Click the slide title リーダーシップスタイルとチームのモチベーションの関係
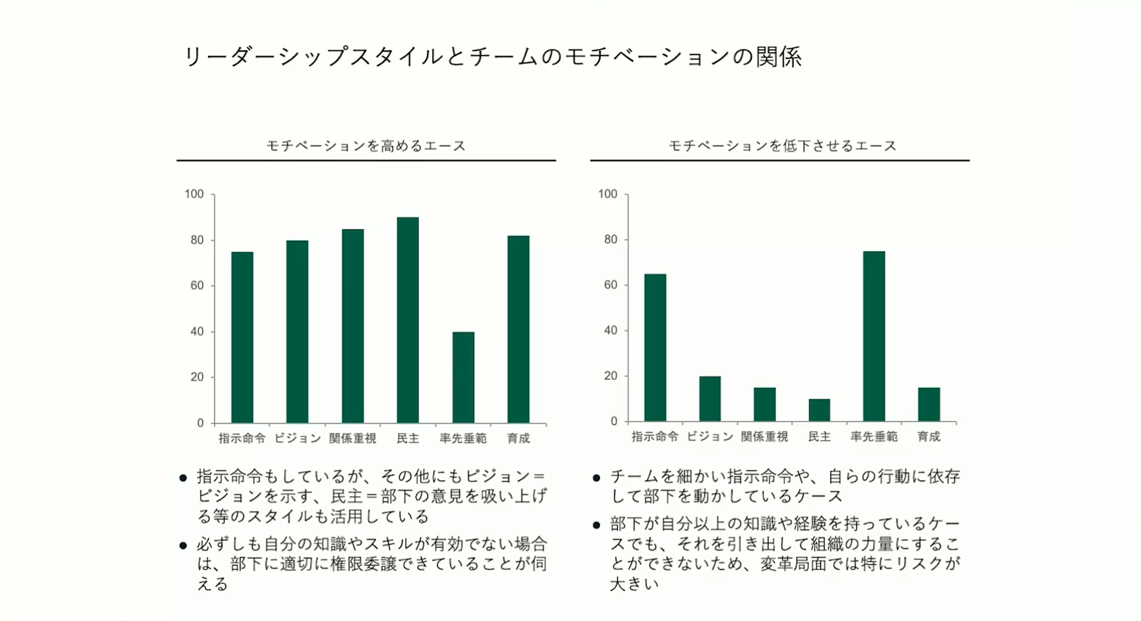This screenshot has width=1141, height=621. tap(492, 57)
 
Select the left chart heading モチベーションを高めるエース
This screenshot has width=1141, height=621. tap(366, 146)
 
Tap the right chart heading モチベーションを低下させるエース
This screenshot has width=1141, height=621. tap(782, 146)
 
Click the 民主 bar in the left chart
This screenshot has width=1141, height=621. tap(408, 320)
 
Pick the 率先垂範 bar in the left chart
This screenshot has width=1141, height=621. tap(463, 378)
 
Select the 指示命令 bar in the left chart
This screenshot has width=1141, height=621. tap(242, 337)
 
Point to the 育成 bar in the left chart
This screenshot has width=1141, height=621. tap(518, 329)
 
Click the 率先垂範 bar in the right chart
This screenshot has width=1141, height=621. tap(873, 336)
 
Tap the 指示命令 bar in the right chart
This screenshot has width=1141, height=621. tap(654, 347)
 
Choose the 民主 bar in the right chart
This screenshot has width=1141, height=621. tap(819, 410)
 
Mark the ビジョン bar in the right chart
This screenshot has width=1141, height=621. tap(710, 398)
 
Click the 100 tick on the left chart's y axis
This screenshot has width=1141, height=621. tap(194, 194)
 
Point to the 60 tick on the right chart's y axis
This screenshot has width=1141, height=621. tap(611, 285)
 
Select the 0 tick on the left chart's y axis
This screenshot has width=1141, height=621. tap(200, 423)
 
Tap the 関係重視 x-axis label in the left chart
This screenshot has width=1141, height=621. tap(352, 439)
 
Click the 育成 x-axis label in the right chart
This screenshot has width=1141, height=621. tap(929, 436)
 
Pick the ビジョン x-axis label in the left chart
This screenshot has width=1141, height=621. tap(297, 439)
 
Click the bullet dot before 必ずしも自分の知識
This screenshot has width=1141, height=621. tap(183, 545)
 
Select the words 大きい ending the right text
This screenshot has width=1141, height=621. tap(634, 584)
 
